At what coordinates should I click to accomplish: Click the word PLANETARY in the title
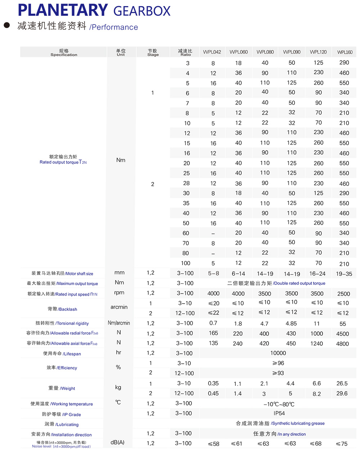pyautogui.click(x=63, y=10)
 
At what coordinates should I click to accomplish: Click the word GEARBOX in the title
pyautogui.click(x=142, y=12)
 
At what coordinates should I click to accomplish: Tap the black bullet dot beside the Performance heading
pyautogui.click(x=6, y=25)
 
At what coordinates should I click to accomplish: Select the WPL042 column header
pyautogui.click(x=212, y=52)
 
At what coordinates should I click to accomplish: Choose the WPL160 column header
pyautogui.click(x=345, y=52)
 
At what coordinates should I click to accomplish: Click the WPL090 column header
pyautogui.click(x=292, y=52)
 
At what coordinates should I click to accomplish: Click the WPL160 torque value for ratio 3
pyautogui.click(x=344, y=63)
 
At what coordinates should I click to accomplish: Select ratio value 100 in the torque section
pyautogui.click(x=186, y=263)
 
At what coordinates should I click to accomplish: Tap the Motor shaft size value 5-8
pyautogui.click(x=213, y=273)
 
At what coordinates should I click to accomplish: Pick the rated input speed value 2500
pyautogui.click(x=343, y=294)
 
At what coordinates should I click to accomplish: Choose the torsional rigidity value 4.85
pyautogui.click(x=291, y=323)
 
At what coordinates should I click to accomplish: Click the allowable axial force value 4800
pyautogui.click(x=342, y=344)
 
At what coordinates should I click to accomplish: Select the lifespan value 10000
pyautogui.click(x=278, y=353)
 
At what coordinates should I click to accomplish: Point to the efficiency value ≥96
pyautogui.click(x=278, y=363)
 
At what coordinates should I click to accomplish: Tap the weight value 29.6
pyautogui.click(x=342, y=393)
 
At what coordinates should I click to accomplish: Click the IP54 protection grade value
pyautogui.click(x=279, y=413)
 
